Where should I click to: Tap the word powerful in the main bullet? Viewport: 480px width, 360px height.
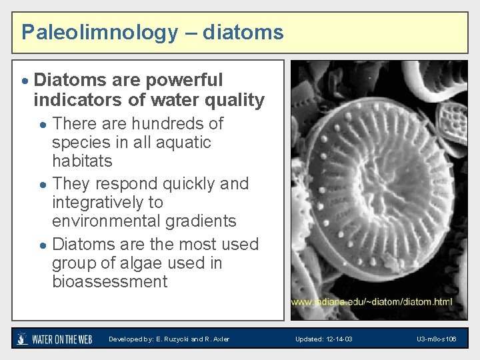pos(182,80)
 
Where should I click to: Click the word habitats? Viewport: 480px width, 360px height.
pos(82,161)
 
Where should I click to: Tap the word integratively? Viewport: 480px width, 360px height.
pos(107,202)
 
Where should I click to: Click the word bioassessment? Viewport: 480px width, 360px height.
pos(110,281)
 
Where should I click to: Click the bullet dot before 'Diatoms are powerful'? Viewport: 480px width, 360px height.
pos(25,81)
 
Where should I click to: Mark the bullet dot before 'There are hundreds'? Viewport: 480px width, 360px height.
pos(43,125)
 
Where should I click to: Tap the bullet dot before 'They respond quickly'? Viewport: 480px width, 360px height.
pos(43,185)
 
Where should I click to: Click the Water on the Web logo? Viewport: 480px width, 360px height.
pos(54,339)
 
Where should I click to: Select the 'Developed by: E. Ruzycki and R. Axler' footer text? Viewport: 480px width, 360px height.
pos(169,339)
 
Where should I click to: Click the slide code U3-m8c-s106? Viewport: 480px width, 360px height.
pos(437,339)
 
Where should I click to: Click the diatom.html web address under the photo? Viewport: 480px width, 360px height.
pos(371,301)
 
